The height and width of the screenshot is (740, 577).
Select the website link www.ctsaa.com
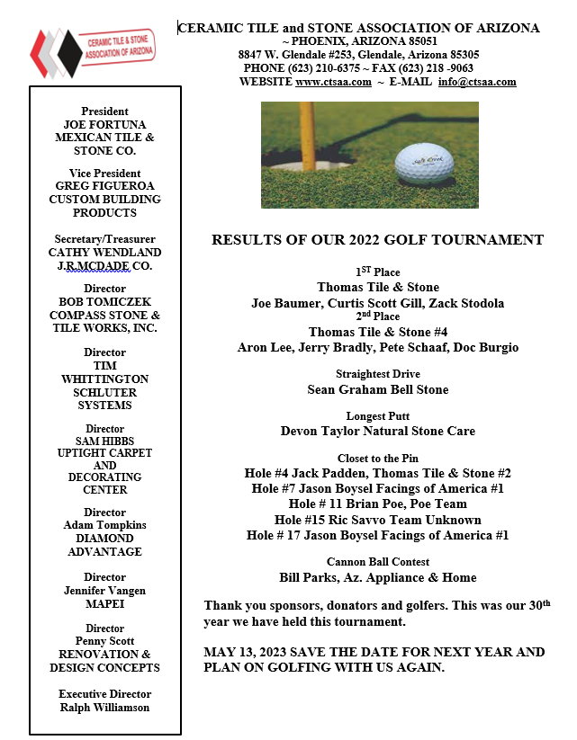tap(333, 82)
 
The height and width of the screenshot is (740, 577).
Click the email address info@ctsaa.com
tap(477, 82)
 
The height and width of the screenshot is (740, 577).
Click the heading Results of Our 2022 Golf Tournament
tap(377, 240)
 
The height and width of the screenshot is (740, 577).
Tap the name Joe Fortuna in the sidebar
tap(104, 125)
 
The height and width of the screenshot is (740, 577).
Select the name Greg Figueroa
tap(104, 186)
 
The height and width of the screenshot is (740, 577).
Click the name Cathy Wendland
tap(104, 253)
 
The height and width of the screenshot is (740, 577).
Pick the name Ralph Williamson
tap(104, 707)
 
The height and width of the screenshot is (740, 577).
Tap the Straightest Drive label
tap(378, 374)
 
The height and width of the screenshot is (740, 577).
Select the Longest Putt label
tap(378, 415)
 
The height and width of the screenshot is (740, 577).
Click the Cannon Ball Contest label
tap(378, 562)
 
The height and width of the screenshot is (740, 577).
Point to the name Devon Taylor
tap(321, 431)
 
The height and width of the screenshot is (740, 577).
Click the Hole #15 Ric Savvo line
tap(378, 520)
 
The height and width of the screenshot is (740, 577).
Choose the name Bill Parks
tap(311, 577)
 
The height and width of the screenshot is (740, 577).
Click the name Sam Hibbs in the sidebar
tap(104, 441)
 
